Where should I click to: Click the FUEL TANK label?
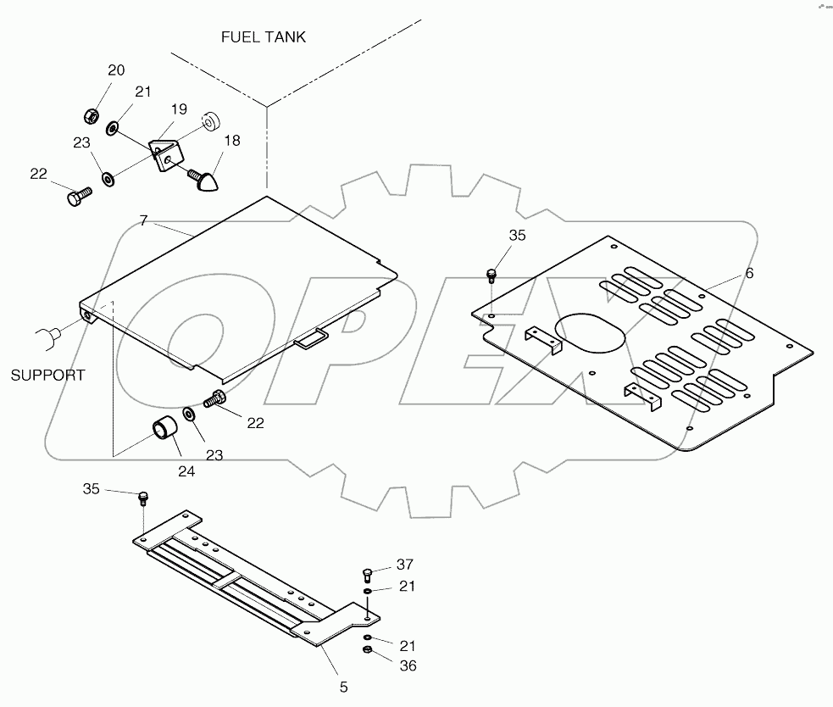tap(264, 37)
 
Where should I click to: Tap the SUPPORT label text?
tap(47, 376)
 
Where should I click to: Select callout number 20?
tap(116, 70)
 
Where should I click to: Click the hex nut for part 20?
tap(92, 115)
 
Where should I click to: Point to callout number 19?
tap(179, 109)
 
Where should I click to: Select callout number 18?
tap(232, 141)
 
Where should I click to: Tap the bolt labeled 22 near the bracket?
tap(80, 197)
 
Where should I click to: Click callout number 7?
tap(143, 220)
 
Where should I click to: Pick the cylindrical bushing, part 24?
tap(164, 429)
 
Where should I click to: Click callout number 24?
tap(186, 471)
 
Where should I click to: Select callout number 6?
tap(750, 273)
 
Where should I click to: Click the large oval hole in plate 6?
tap(590, 332)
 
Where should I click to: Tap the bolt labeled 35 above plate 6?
tap(491, 275)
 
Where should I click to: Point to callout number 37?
tap(405, 565)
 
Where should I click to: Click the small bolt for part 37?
tap(367, 575)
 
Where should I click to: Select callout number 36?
tap(408, 666)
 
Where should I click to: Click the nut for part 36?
tap(367, 649)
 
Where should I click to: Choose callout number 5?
tap(344, 688)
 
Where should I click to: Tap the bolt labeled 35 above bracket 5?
tap(142, 498)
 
